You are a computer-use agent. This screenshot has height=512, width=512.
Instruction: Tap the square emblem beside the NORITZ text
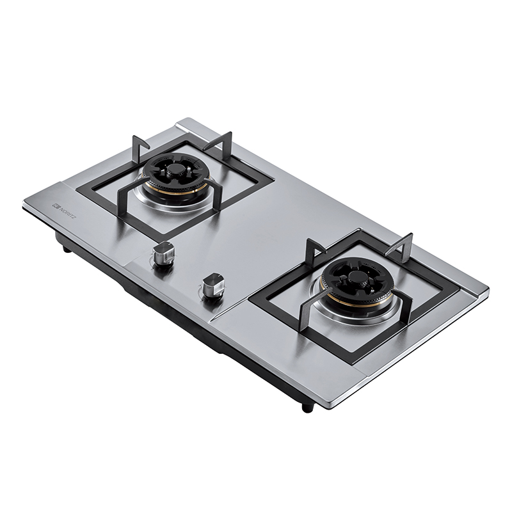(56, 206)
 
